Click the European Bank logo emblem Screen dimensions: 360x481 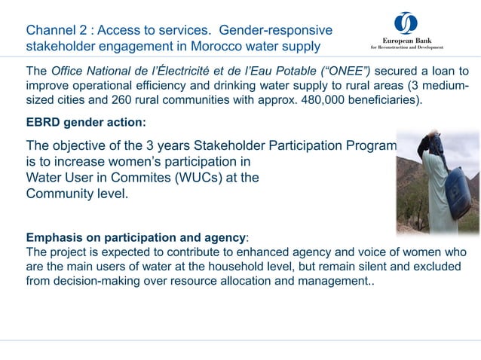coord(406,23)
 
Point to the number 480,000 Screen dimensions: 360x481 coord(305,100)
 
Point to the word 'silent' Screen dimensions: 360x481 coord(346,267)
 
